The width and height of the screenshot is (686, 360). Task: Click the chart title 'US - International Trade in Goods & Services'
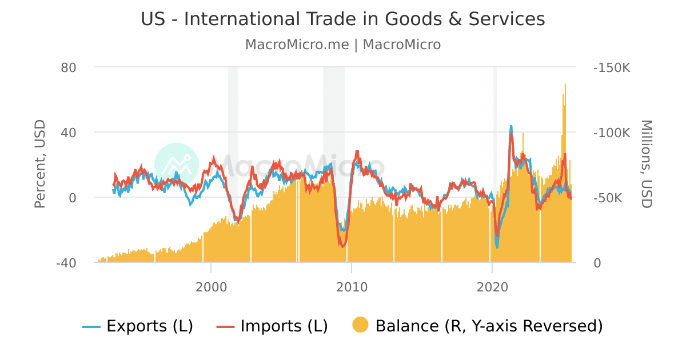343,19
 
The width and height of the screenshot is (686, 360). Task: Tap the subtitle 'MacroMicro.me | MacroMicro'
343,45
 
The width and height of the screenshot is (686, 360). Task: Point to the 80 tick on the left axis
69,67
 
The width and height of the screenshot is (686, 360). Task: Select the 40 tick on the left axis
69,133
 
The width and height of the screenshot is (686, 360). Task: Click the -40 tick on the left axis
66,263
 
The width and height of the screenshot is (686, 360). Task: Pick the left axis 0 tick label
73,198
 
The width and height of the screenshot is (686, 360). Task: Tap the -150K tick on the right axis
612,67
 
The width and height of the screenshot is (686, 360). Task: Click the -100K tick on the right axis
612,133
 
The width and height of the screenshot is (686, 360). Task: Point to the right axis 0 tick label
597,263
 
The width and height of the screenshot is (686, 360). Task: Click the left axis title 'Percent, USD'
39,165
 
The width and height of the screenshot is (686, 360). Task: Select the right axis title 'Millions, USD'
646,165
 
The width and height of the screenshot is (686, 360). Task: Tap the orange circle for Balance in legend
360,325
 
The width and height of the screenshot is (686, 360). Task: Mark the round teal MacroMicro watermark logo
177,165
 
